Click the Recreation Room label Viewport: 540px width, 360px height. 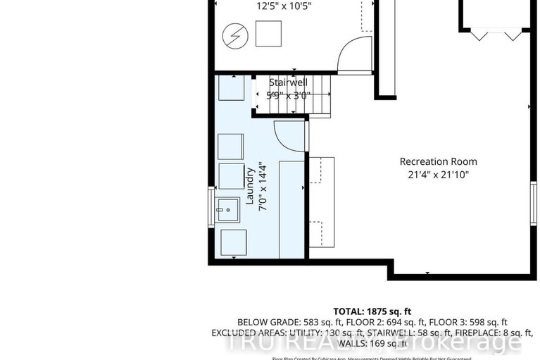click(434, 161)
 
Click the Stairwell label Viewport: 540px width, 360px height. click(287, 82)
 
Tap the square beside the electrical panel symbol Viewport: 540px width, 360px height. click(268, 33)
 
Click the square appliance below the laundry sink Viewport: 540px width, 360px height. click(234, 242)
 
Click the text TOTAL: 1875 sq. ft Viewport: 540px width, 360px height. click(372, 311)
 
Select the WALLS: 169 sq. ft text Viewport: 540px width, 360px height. click(372, 343)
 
